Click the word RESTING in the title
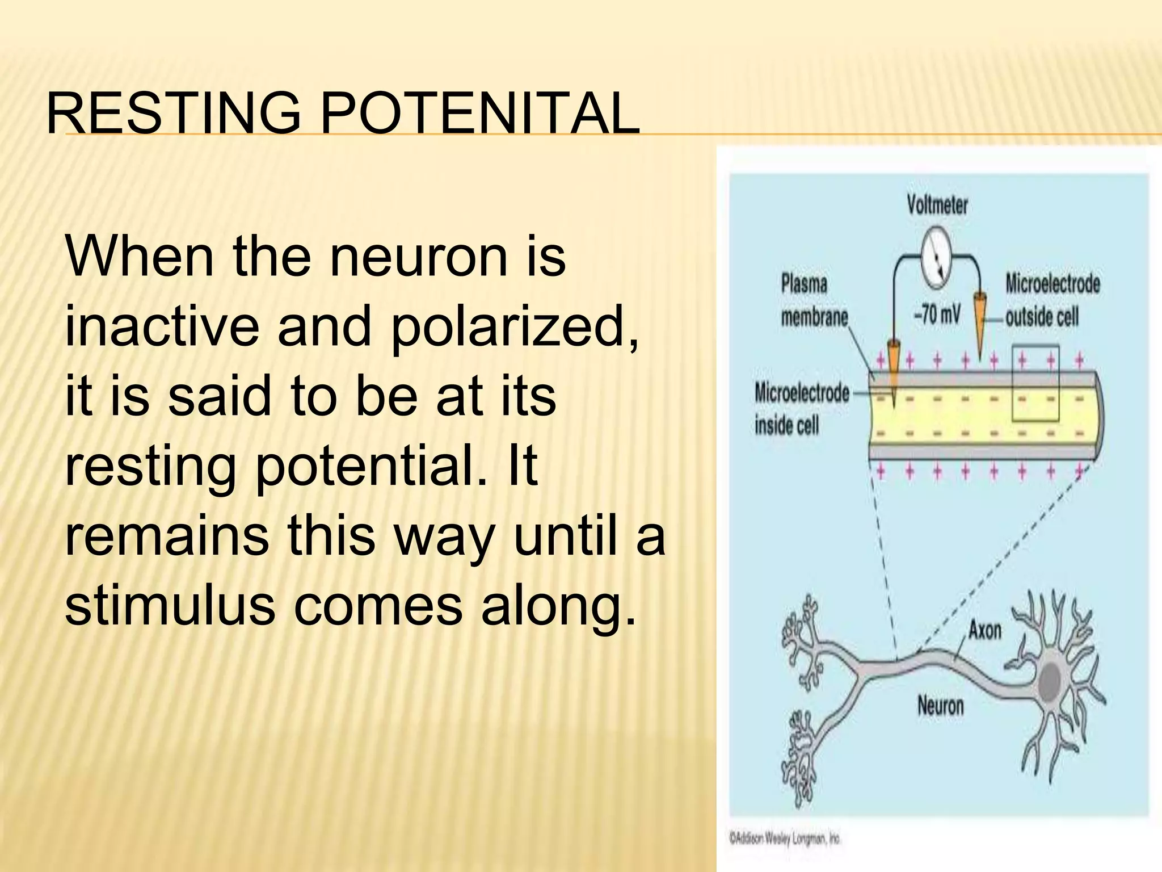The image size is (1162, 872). point(173,114)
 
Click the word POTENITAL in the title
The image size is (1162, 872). point(479,114)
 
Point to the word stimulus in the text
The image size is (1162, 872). point(167,606)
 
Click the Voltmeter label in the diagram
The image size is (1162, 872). point(937,204)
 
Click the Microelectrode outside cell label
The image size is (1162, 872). point(1052,301)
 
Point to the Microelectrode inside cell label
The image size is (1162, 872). point(801,409)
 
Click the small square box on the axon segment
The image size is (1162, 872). point(1035,384)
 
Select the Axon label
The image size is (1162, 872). point(984,630)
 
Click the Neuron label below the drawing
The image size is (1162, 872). point(940,706)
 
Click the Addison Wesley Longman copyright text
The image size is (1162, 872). point(785,839)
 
